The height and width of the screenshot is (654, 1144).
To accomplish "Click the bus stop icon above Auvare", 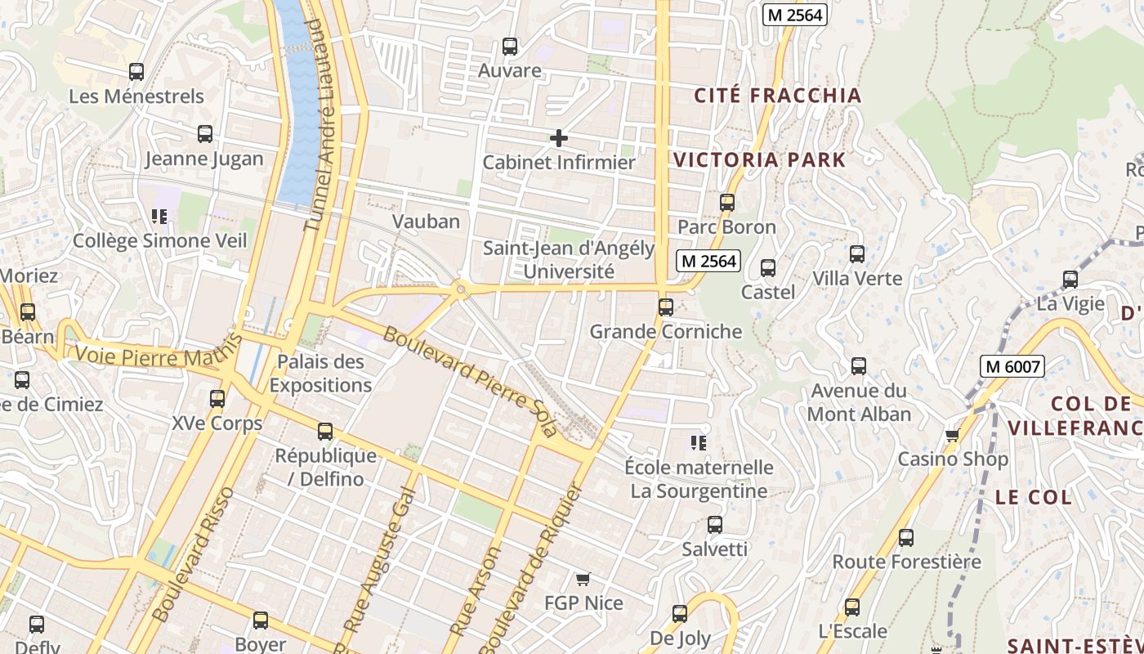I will [510, 47].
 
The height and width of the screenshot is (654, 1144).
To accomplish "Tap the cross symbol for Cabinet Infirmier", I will [559, 138].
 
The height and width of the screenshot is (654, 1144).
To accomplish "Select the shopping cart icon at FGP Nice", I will [583, 580].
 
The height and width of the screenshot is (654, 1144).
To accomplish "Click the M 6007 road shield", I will [1013, 366].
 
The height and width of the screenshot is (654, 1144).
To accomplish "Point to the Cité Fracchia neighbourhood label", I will [778, 95].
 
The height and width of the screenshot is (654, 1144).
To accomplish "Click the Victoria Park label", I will [759, 159].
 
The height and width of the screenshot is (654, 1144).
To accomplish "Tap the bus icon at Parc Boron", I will [727, 203].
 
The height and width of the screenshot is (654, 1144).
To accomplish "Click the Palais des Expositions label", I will [320, 373].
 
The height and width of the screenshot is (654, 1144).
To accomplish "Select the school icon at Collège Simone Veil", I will [159, 217].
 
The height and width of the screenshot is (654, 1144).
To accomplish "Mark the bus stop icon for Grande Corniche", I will [666, 307].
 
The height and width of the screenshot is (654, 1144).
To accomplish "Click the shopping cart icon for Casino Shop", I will [952, 435].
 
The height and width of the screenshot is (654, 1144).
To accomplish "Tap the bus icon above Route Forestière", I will [906, 538].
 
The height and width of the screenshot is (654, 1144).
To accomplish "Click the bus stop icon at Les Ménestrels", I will [136, 72].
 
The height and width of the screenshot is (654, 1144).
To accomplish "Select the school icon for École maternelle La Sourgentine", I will [698, 443].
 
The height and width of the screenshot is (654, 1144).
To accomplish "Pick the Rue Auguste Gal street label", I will [381, 560].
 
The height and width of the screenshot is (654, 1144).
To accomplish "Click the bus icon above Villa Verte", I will [857, 254].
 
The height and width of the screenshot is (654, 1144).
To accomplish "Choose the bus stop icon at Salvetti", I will [715, 525].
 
